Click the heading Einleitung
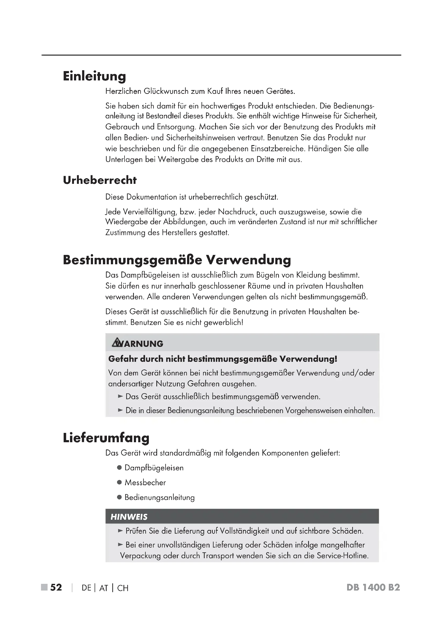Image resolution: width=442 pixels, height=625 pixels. point(94,76)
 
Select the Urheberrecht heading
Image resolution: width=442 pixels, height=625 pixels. point(100,180)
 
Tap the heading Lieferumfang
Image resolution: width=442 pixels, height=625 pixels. point(106,438)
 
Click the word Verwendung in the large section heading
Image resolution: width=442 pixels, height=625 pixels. point(248,260)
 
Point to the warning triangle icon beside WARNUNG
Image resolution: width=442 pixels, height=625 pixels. point(117,343)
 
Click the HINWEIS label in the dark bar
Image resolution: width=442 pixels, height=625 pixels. point(129,517)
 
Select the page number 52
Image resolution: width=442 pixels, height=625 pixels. point(56,587)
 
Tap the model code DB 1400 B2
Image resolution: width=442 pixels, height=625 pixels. point(373,587)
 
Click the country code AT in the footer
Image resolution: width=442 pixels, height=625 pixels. point(104,588)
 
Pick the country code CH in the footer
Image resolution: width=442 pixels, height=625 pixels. point(123,588)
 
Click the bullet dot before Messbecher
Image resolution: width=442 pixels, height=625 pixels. point(119,482)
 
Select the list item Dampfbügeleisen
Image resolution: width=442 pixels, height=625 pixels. point(154,468)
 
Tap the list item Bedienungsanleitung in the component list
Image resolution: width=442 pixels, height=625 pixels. point(160,497)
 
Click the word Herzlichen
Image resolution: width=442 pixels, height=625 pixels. point(123,91)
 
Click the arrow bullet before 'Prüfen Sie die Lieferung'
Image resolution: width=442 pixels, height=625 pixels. point(121,531)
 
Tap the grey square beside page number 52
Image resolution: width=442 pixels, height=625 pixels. point(44,587)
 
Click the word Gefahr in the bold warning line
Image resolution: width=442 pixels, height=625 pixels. point(123,359)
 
